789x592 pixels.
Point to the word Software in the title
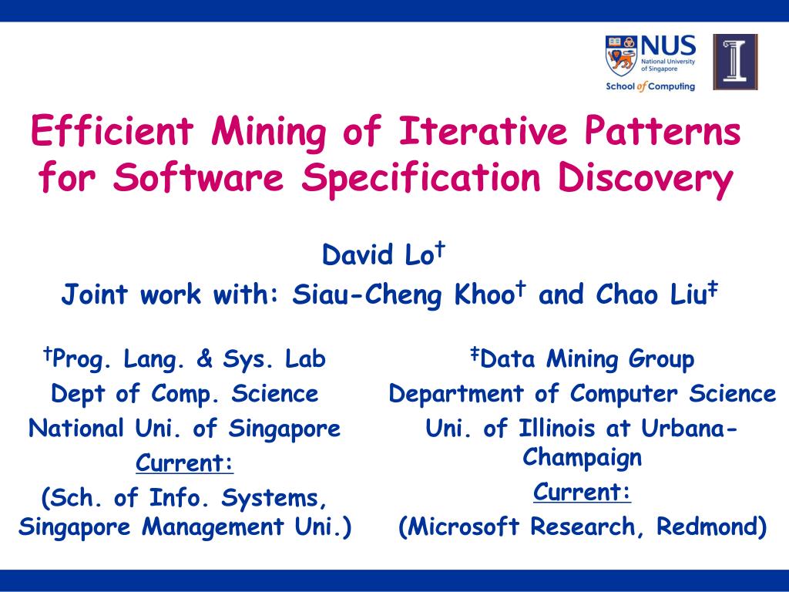(x=198, y=177)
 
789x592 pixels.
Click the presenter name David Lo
(x=378, y=254)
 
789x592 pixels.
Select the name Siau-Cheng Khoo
(x=403, y=294)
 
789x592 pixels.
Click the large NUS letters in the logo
(x=668, y=45)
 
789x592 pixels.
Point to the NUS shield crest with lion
(x=621, y=55)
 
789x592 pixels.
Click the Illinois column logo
(x=735, y=62)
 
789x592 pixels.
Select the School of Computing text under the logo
(x=650, y=86)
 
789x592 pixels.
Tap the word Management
(x=213, y=526)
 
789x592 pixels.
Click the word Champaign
(x=582, y=458)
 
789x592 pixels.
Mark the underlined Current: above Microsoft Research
(x=582, y=492)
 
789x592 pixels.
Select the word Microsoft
(x=462, y=526)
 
